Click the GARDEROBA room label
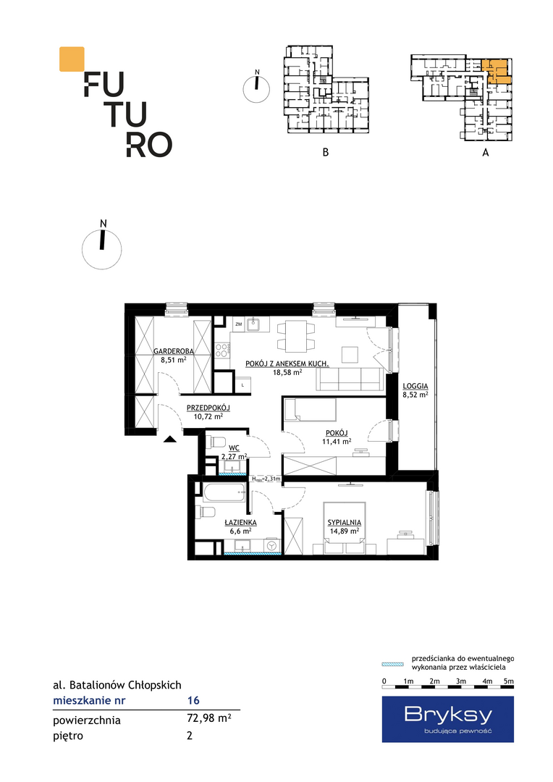[x=174, y=351]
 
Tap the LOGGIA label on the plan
[x=415, y=386]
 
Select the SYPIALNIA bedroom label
[x=344, y=523]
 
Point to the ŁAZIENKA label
[x=240, y=522]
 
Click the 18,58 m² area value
[x=288, y=372]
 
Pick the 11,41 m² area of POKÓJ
[x=337, y=442]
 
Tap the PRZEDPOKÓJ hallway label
[x=208, y=408]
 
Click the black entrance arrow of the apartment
[x=170, y=439]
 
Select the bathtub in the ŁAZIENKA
[x=224, y=493]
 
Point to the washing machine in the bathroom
[x=272, y=546]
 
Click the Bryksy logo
[x=448, y=719]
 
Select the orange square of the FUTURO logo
[x=72, y=59]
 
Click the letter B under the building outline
[x=326, y=152]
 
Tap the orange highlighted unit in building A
[x=497, y=71]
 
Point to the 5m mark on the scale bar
[x=509, y=681]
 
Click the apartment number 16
[x=193, y=700]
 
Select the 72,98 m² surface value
[x=208, y=718]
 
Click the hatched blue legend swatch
[x=392, y=664]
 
